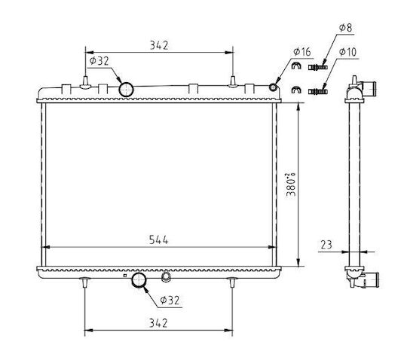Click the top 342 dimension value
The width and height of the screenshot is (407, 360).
(159, 45)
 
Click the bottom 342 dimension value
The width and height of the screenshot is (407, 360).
(158, 323)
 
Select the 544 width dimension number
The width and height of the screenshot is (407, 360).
(158, 240)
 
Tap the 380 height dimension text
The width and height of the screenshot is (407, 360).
(291, 185)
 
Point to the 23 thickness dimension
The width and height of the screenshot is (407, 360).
(326, 245)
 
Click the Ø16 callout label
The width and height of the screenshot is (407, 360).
(302, 52)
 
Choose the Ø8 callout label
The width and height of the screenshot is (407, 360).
(345, 28)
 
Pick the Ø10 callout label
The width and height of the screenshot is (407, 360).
(347, 52)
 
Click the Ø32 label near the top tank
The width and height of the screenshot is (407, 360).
(99, 61)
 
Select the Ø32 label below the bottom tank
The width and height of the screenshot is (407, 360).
(170, 301)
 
